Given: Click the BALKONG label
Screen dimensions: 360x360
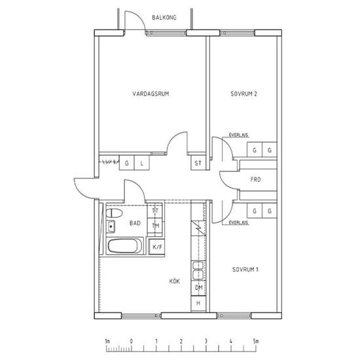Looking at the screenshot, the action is tap(164, 18).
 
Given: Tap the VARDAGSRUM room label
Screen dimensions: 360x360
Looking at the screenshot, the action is tap(151, 94).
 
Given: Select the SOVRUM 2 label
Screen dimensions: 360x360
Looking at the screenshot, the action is tap(243, 94).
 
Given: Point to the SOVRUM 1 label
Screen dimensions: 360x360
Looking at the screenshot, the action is tap(245, 269).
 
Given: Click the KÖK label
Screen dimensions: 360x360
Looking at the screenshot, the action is tap(175, 281).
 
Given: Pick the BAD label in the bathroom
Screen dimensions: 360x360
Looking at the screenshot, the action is tap(135, 223).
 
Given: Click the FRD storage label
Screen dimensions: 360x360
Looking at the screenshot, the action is tap(255, 179).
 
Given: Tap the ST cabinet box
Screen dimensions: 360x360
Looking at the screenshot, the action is tap(198, 163).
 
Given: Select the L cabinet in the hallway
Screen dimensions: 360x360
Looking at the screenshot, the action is tap(141, 163).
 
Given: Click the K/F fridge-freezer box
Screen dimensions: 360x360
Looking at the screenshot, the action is tap(157, 247).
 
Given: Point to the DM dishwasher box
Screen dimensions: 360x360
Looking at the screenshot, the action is tap(198, 288).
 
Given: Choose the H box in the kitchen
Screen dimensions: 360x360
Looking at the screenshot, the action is tap(198, 303).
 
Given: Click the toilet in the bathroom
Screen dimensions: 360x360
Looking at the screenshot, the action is tap(114, 213).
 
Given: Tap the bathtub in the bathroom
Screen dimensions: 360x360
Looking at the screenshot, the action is tap(124, 246).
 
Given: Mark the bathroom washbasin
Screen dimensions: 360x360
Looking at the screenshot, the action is tap(111, 226).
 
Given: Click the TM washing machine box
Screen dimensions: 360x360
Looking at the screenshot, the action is tap(155, 226).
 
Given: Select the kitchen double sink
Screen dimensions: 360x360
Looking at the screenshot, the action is tap(198, 270).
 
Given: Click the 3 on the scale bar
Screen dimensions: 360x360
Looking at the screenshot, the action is tap(206, 341).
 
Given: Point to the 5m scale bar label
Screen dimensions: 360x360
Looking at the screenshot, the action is tap(255, 341).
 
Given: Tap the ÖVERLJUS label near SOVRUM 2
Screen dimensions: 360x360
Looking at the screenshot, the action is tap(239, 135).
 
